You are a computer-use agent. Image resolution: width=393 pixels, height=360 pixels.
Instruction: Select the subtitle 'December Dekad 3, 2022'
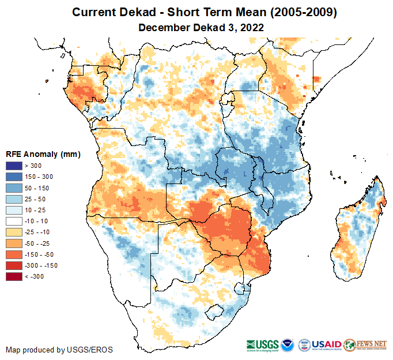coord(201,27)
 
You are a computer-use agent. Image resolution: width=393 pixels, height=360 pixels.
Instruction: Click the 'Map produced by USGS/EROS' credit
coord(59,350)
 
